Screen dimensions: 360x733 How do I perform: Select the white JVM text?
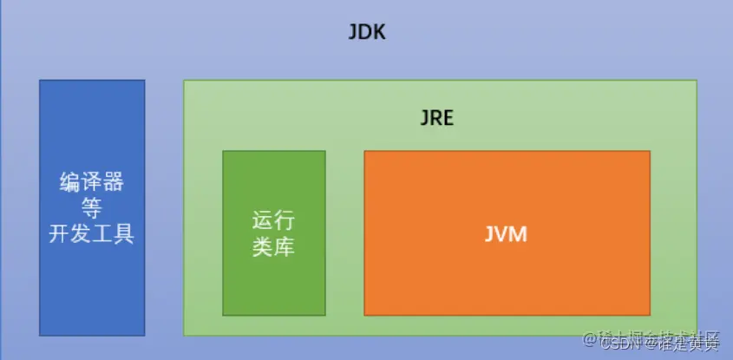506,234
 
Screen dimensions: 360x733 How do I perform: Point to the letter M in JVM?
518,234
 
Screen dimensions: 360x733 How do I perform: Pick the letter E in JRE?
448,117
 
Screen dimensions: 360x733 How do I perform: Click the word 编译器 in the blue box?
91,183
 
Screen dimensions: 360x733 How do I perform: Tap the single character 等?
91,208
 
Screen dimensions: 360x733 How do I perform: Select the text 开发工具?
91,233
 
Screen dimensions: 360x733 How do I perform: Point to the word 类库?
273,246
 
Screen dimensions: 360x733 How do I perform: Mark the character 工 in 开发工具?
103,233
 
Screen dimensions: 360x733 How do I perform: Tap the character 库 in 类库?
285,246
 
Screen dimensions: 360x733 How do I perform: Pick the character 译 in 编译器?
91,183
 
